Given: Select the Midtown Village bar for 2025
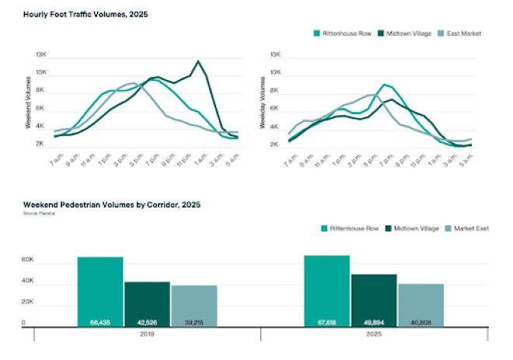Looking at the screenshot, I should point(373,299).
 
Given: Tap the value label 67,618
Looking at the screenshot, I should point(326,320).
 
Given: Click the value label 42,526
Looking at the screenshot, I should point(147,320).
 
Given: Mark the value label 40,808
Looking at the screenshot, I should point(421,320).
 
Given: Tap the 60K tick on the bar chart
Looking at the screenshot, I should point(27,259).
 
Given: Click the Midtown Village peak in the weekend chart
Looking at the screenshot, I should point(199,61).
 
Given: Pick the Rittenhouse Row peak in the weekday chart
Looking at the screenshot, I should point(384,84).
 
